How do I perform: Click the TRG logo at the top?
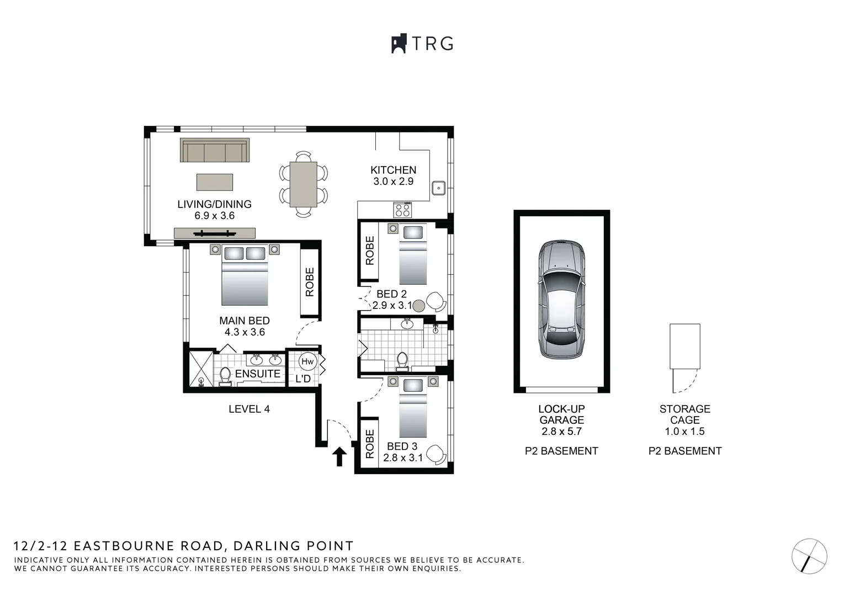[422, 44]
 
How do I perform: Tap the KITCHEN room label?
[394, 170]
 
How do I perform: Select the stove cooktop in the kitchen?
[402, 210]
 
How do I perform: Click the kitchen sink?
[439, 188]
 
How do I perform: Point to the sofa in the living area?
[215, 150]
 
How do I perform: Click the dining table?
[303, 184]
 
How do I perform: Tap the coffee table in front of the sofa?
[214, 182]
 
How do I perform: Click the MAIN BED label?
[245, 321]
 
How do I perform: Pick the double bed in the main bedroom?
[245, 275]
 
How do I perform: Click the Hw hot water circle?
[307, 361]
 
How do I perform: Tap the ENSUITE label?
[258, 374]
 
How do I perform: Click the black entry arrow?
[339, 456]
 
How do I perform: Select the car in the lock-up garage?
[561, 300]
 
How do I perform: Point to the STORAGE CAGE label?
[684, 414]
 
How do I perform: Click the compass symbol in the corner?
[809, 556]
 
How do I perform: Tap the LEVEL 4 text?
[250, 409]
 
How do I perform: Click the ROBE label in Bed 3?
[370, 444]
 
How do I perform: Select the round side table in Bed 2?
[418, 306]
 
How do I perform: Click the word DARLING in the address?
[267, 546]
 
